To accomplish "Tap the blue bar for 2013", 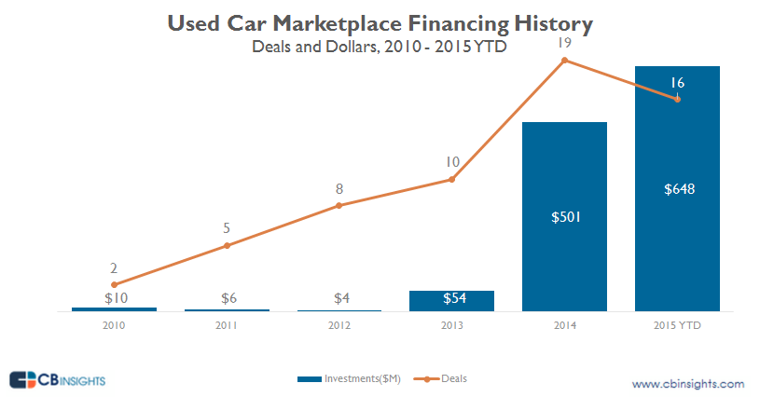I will coord(451,300).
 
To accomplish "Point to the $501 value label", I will coord(564,217).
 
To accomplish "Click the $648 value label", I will coord(678,189).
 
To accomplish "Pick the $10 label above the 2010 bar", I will coord(114,298).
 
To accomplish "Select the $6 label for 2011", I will coord(227,298).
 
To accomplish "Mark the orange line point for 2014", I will coord(564,61).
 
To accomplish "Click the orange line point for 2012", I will coord(339,205).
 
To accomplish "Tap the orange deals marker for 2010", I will coord(114,284).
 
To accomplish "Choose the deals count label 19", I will coord(564,42).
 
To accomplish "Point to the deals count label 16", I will coord(678,83).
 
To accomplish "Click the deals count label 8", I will coord(339,188).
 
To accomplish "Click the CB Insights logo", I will coord(58,380).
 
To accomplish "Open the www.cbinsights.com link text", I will coord(687,384).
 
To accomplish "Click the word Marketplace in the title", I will coord(352,22).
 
